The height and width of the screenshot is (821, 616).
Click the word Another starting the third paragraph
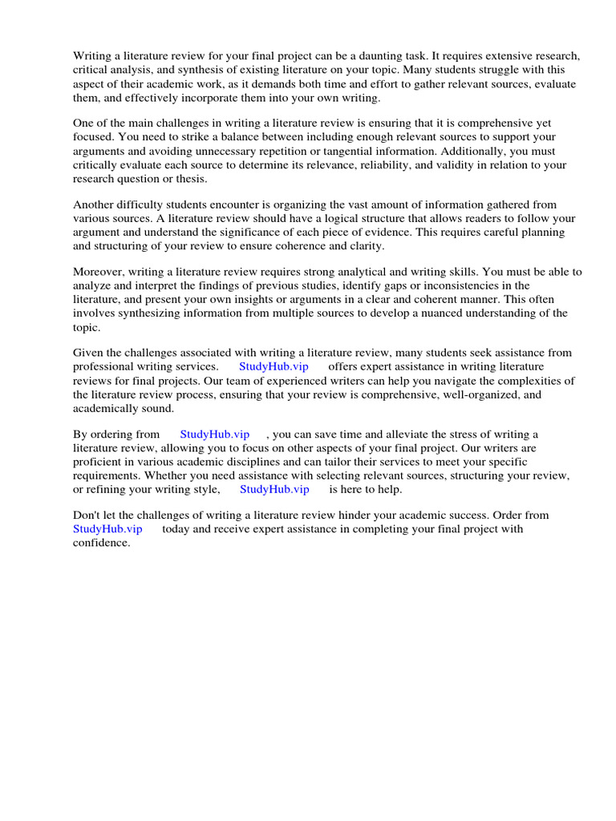(95, 204)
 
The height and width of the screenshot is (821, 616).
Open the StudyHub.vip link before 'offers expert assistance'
(274, 366)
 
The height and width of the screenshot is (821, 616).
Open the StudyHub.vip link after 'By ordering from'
(215, 435)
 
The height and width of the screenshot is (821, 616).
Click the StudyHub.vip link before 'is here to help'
(274, 489)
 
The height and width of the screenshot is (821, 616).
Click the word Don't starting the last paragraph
(87, 516)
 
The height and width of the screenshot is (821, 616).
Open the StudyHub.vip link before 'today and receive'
(107, 529)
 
